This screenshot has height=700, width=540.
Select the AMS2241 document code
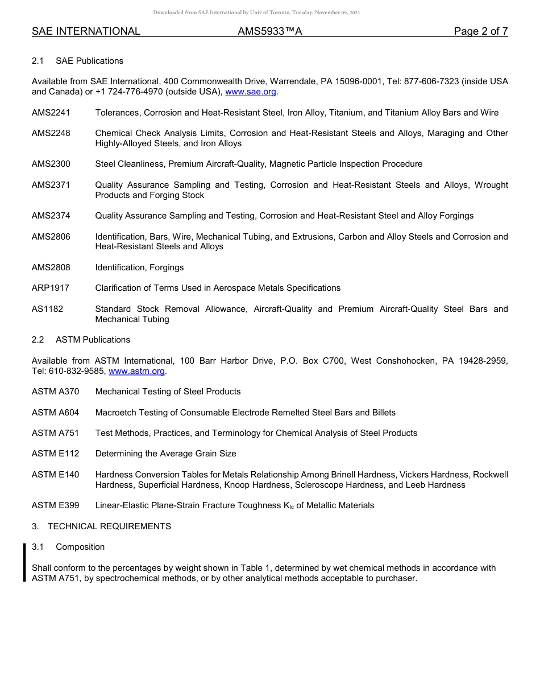51,113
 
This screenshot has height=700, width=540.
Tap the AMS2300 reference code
51,164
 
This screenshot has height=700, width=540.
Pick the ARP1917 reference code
51,288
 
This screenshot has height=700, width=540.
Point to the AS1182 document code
47,309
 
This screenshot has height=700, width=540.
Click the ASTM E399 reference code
56,505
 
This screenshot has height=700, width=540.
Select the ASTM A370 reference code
56,392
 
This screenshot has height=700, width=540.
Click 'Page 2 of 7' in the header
480,31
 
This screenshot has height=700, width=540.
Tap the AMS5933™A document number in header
269,31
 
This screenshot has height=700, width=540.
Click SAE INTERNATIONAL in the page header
86,31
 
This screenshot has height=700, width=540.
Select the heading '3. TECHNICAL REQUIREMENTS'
101,526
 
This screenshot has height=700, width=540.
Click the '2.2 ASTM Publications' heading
81,340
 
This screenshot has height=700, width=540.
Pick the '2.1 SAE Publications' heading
77,61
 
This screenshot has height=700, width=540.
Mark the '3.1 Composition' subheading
68,547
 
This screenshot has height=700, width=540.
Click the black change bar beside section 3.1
24,562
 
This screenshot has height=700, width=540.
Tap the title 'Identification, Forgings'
139,267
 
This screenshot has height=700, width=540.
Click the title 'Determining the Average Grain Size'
165,454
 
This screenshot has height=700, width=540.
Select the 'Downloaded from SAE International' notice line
256,13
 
